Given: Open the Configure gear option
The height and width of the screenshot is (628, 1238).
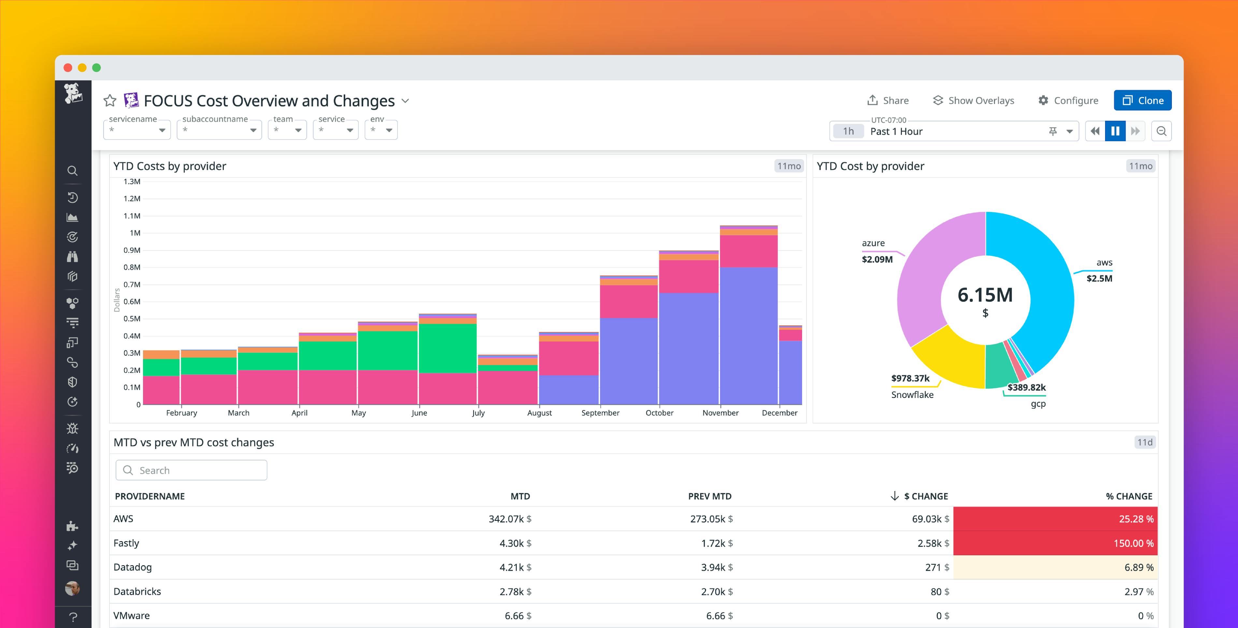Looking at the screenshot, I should point(1068,100).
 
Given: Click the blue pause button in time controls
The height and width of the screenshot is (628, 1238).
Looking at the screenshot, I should point(1115,131).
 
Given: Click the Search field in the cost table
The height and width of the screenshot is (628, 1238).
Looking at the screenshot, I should point(191,470).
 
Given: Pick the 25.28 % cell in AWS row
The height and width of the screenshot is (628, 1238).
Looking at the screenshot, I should point(1055,519).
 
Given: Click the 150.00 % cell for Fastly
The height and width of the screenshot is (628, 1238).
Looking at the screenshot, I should point(1055,543).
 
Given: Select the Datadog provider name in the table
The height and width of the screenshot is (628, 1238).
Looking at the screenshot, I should point(133,567).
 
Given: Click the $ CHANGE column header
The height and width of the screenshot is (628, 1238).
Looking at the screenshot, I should point(925,496).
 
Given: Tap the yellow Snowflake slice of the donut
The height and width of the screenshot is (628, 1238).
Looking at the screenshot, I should point(949,360).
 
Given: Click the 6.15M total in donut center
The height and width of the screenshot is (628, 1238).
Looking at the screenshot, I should point(985,295).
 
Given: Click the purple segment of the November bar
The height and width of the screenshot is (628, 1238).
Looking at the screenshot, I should point(748,336).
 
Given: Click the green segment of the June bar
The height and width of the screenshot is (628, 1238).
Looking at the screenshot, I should point(447,348).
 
